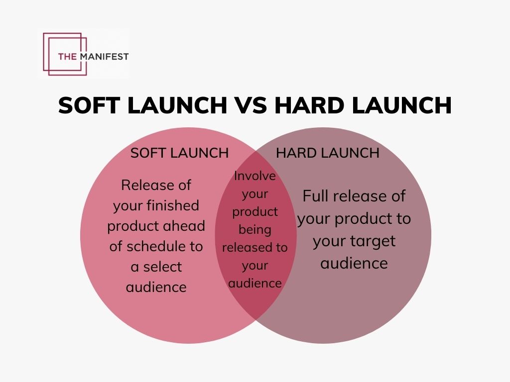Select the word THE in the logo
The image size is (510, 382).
67,56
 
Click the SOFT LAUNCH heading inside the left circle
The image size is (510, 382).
179,153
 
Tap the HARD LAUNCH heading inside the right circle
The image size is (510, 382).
328,153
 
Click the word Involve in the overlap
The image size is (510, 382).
255,176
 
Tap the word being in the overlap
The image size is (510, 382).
255,230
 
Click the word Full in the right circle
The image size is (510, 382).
316,196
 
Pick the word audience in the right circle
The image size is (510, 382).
354,263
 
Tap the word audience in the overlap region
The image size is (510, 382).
255,284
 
